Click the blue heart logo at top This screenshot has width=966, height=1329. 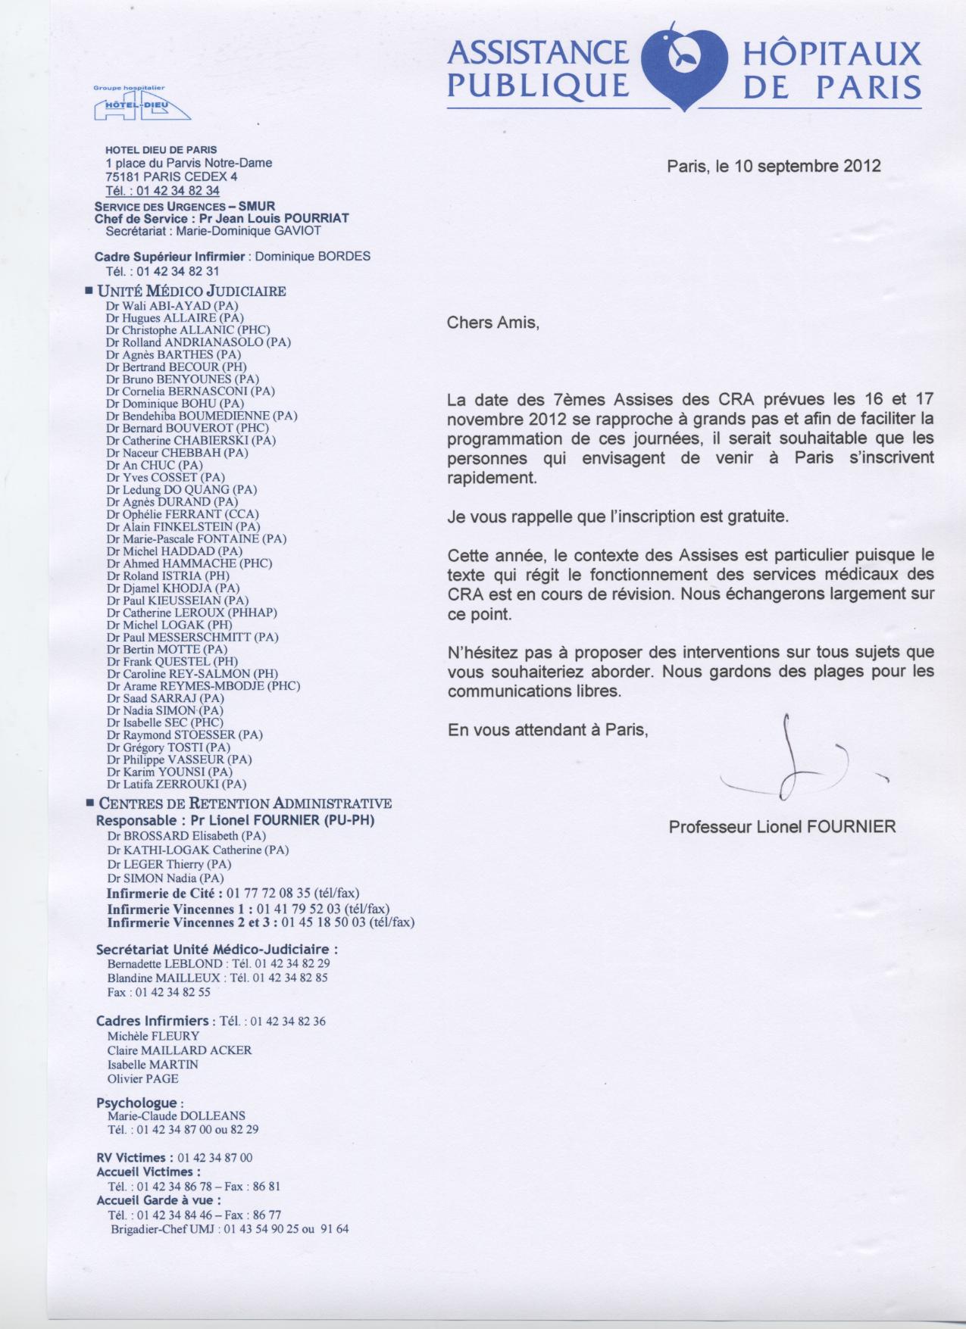coord(685,68)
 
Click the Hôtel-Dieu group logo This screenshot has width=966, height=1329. coord(142,105)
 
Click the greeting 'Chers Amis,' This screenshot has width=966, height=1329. coord(492,323)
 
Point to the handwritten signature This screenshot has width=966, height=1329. coord(796,765)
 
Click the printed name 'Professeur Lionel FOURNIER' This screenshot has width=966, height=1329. coord(782,827)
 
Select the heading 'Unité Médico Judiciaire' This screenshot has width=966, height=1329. coord(192,292)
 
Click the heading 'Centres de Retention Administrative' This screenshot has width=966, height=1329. coord(245,803)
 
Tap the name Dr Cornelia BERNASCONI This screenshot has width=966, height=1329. coord(190,392)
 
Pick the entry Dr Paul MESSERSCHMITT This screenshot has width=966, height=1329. coord(192,637)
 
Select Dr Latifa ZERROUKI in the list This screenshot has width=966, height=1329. coord(177,785)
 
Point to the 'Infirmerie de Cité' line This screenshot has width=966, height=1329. coord(233,894)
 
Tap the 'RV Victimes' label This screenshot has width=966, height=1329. coord(130,1158)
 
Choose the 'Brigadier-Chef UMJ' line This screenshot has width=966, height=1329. coord(229,1229)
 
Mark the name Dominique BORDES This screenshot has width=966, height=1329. coord(313,256)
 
